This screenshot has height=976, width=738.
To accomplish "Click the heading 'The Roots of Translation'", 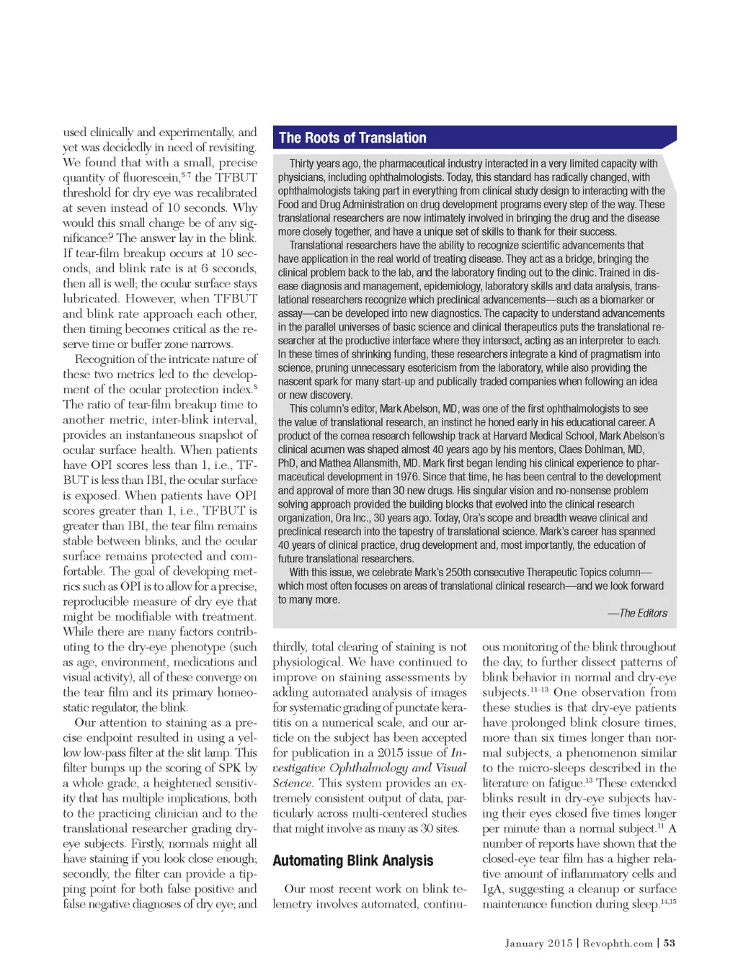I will pyautogui.click(x=352, y=138).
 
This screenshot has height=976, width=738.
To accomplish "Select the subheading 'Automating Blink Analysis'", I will pyautogui.click(x=352, y=861).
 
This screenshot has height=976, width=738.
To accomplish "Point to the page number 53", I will pyautogui.click(x=669, y=943).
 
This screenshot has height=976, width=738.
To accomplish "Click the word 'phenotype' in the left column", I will pyautogui.click(x=194, y=647).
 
